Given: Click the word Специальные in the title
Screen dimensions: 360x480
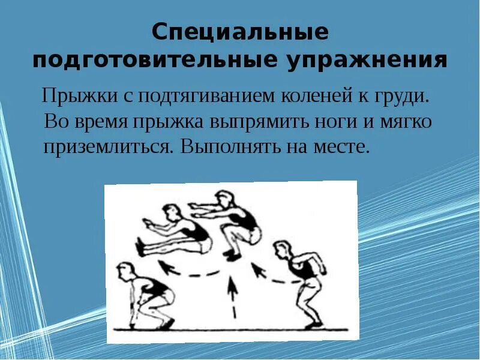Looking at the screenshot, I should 240,32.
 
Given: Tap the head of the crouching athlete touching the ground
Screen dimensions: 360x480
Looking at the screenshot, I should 125,271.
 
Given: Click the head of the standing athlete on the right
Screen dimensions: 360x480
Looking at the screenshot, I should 283,250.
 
